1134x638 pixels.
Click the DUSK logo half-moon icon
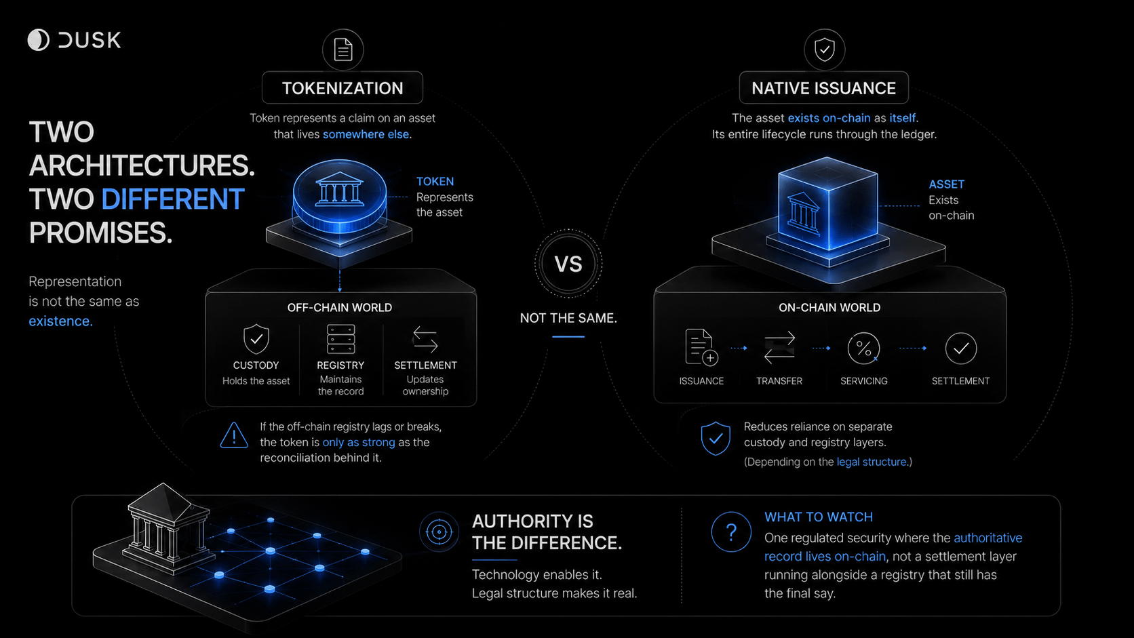[x=39, y=40]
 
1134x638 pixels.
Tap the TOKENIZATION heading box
[x=343, y=88]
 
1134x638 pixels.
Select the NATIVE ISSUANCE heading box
[x=823, y=88]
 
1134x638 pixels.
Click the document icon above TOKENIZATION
[x=343, y=49]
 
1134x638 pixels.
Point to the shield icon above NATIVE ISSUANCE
[x=825, y=49]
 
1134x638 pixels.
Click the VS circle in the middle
[x=568, y=264]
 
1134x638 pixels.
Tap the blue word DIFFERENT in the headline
[x=173, y=199]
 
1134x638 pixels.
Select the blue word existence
[x=61, y=321]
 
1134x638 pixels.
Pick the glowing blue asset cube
[x=827, y=204]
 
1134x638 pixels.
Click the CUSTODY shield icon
[x=256, y=339]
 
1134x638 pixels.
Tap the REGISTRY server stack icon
[x=340, y=339]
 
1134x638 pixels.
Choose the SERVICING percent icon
[x=863, y=348]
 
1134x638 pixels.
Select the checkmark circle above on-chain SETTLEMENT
[x=961, y=348]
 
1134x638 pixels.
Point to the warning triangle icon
[x=234, y=435]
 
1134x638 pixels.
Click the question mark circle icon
[x=731, y=532]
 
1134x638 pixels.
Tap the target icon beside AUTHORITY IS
[x=439, y=532]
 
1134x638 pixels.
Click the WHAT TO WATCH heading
[x=819, y=517]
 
